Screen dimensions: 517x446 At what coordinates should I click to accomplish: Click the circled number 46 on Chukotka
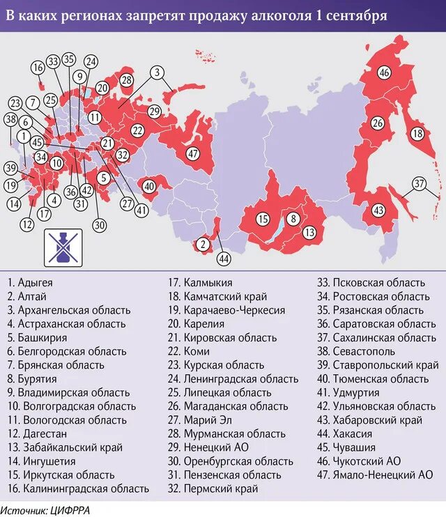coord(385,72)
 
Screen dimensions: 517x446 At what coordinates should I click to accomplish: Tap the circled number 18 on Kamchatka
coord(417,134)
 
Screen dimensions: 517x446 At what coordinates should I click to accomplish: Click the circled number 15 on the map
coord(262,219)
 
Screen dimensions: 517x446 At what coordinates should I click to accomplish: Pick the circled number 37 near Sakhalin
coord(419,184)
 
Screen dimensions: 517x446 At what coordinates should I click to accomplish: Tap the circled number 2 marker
coord(202,244)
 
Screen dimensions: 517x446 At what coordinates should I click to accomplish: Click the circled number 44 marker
coord(224,258)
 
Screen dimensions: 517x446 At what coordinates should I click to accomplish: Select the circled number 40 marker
coord(150,186)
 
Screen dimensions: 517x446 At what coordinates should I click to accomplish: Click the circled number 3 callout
coord(157,72)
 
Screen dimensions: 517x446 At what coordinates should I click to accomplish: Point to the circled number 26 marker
coord(377,123)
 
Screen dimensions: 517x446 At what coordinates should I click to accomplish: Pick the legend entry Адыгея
coord(31,283)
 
